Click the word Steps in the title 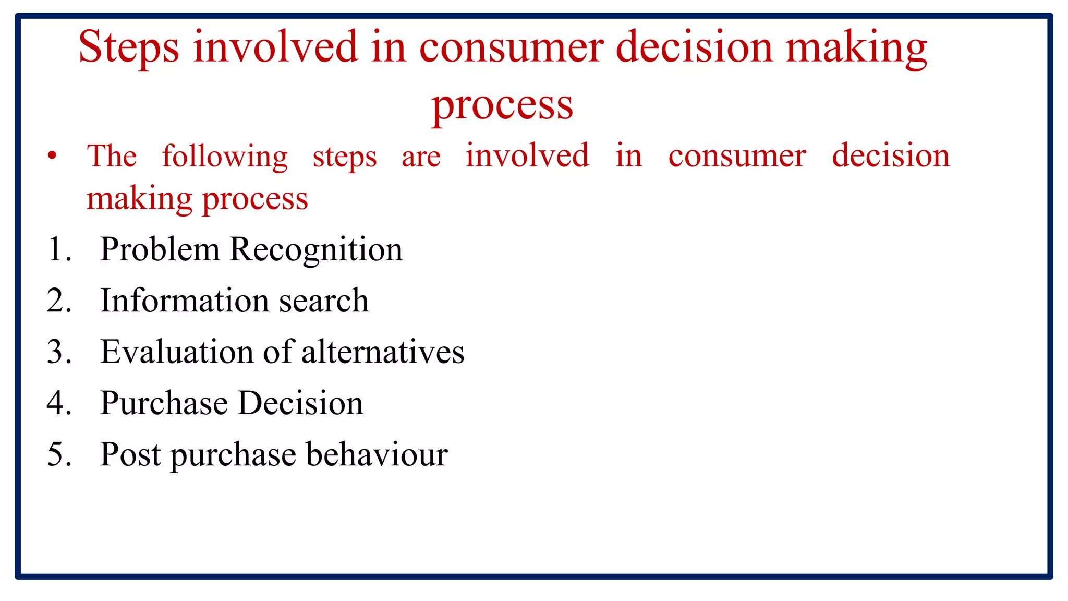point(129,48)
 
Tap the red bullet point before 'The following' point(52,155)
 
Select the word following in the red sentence point(224,157)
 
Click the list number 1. point(57,249)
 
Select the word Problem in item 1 point(160,249)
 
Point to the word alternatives point(383,352)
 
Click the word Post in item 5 point(130,454)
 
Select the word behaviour point(377,454)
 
